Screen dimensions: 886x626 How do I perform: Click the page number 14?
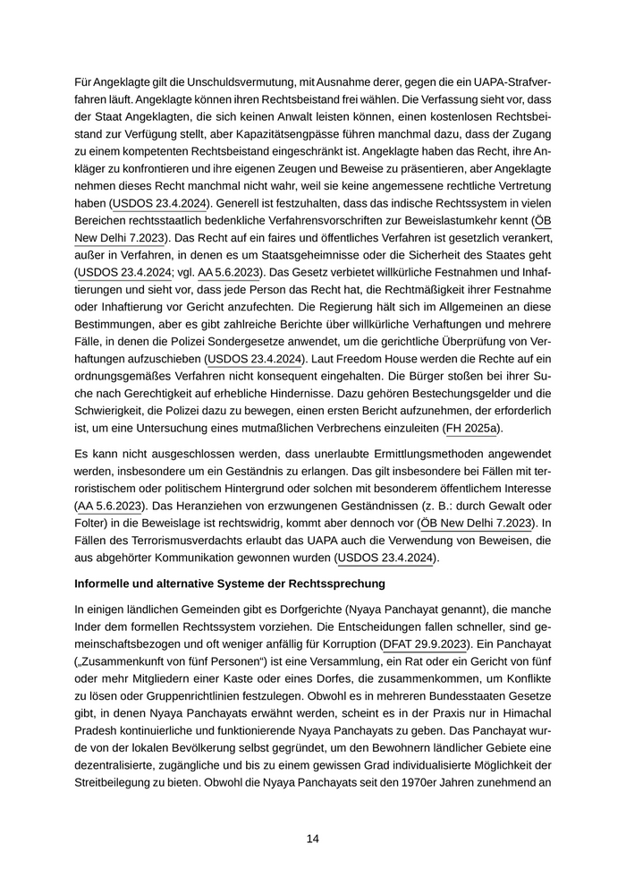click(x=313, y=839)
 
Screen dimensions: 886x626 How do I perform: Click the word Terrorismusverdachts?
click(x=161, y=541)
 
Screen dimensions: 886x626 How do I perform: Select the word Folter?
click(x=92, y=523)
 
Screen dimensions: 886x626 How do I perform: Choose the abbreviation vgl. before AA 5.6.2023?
click(x=182, y=272)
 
